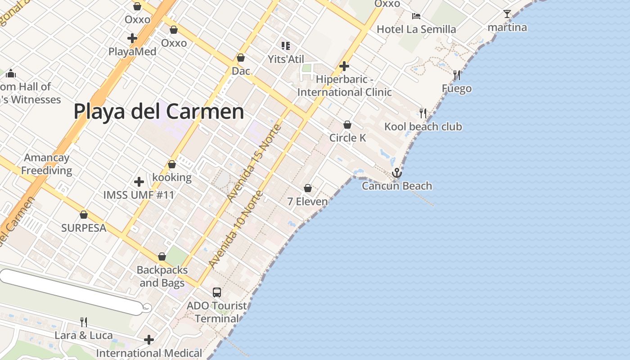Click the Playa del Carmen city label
[x=159, y=111]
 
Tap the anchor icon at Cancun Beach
[x=396, y=173]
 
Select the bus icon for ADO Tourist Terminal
[x=217, y=292]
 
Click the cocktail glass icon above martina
[x=507, y=14]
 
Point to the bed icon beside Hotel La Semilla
[x=416, y=16]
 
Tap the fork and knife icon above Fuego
[x=457, y=75]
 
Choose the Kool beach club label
[x=423, y=126]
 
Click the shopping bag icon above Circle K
[x=347, y=125]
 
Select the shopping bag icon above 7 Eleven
[x=308, y=188]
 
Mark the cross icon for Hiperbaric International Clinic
[x=344, y=66]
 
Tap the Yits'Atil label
[x=286, y=59]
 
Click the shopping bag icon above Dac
[x=241, y=58]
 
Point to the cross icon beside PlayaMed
[x=132, y=38]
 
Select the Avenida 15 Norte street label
[x=254, y=163]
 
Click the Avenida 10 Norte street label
[x=236, y=229]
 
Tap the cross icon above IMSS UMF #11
[x=139, y=182]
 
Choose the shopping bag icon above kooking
[x=172, y=165]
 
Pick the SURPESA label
[x=84, y=228]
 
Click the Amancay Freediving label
[x=47, y=164]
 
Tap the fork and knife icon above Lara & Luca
[x=84, y=322]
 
